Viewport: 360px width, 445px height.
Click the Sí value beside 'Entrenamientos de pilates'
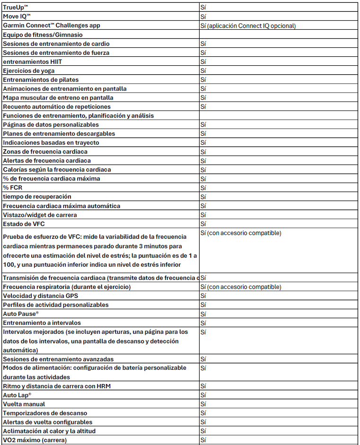click(203, 79)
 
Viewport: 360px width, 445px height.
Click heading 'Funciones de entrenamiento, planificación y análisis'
click(85, 115)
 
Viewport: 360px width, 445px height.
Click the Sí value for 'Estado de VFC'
click(203, 223)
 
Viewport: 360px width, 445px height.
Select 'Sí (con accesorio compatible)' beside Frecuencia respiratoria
click(241, 287)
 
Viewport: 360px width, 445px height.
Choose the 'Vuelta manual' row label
click(24, 404)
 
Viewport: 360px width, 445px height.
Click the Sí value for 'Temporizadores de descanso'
click(203, 413)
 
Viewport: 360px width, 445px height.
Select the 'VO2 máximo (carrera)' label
click(35, 440)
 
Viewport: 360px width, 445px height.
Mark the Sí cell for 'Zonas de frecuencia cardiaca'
click(203, 151)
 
